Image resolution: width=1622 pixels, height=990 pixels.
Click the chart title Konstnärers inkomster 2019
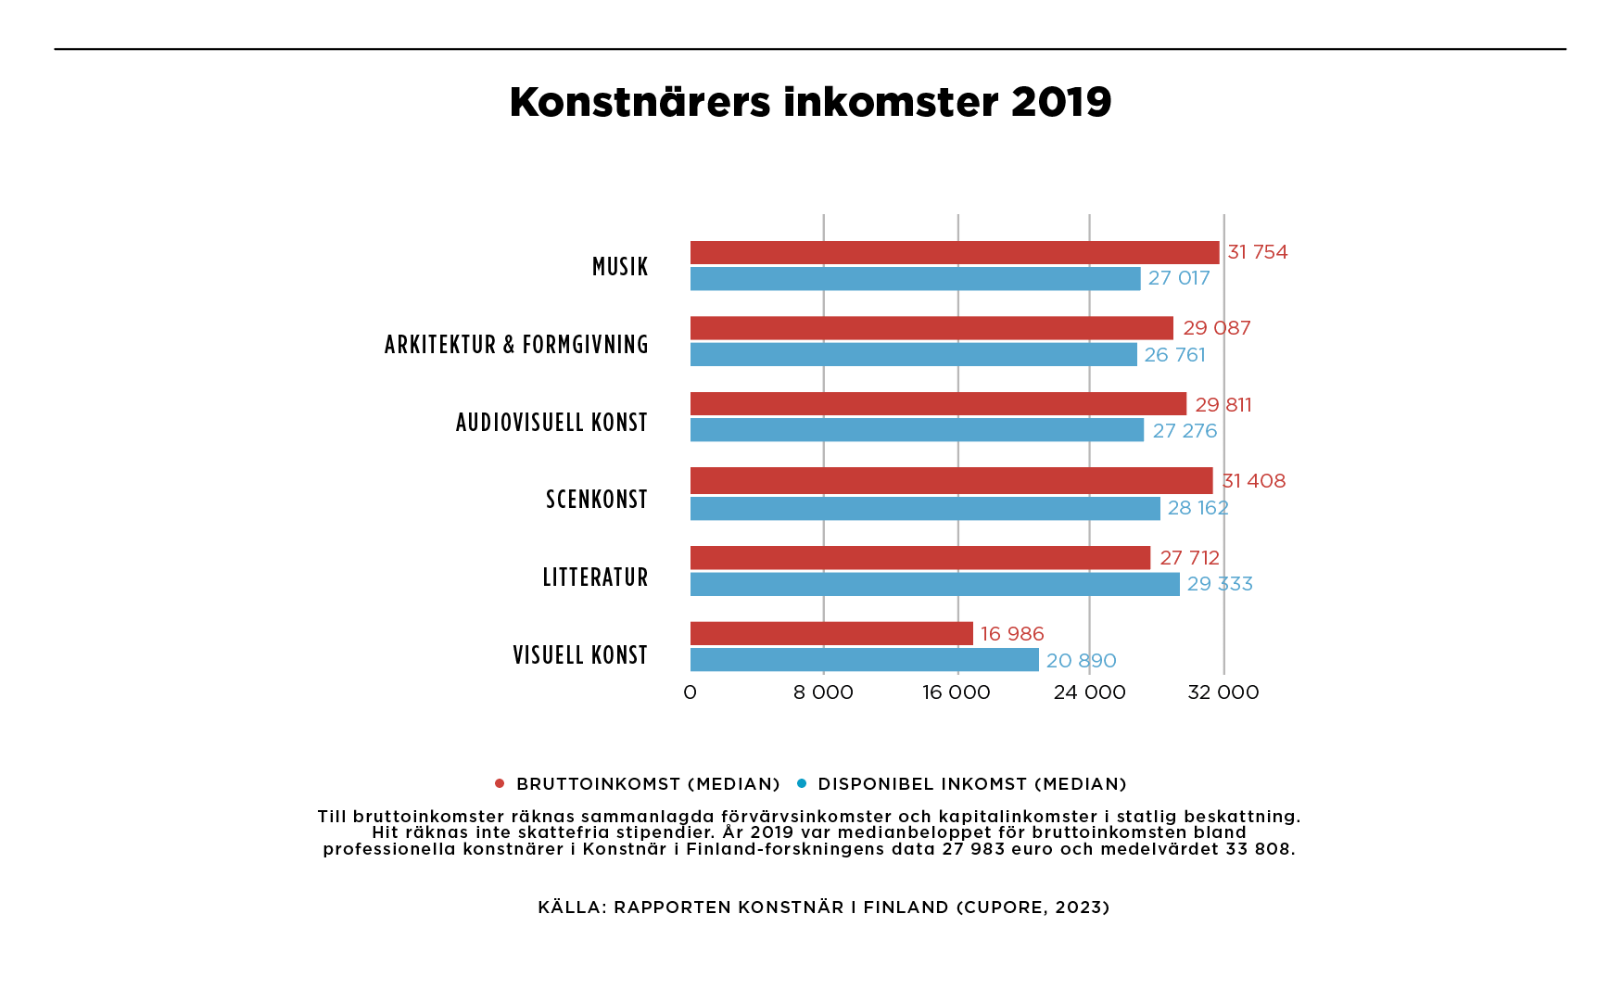810,102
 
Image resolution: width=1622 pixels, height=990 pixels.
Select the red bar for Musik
955,252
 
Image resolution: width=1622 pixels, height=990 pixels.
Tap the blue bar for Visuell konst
864,660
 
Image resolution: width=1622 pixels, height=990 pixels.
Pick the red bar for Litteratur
920,558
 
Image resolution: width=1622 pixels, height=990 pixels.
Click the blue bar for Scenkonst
925,508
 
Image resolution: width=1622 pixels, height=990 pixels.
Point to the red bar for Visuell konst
831,634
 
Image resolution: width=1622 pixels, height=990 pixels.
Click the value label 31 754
1258,252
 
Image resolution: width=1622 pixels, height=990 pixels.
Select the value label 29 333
1220,584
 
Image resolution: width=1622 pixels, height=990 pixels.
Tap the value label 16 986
1012,634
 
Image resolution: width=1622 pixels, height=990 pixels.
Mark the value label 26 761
1174,355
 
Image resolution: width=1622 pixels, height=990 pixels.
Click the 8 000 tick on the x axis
823,692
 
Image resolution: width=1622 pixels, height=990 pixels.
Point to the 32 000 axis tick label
1223,692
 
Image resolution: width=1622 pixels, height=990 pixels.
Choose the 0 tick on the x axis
690,692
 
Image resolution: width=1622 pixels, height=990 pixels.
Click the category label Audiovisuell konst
551,423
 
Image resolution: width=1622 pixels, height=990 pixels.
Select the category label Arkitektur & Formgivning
516,345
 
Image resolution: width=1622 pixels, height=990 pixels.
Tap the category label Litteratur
595,577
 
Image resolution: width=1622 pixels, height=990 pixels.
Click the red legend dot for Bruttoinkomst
500,783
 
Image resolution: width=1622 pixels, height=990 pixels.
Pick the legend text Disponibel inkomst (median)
972,784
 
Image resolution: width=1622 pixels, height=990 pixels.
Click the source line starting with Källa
823,907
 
